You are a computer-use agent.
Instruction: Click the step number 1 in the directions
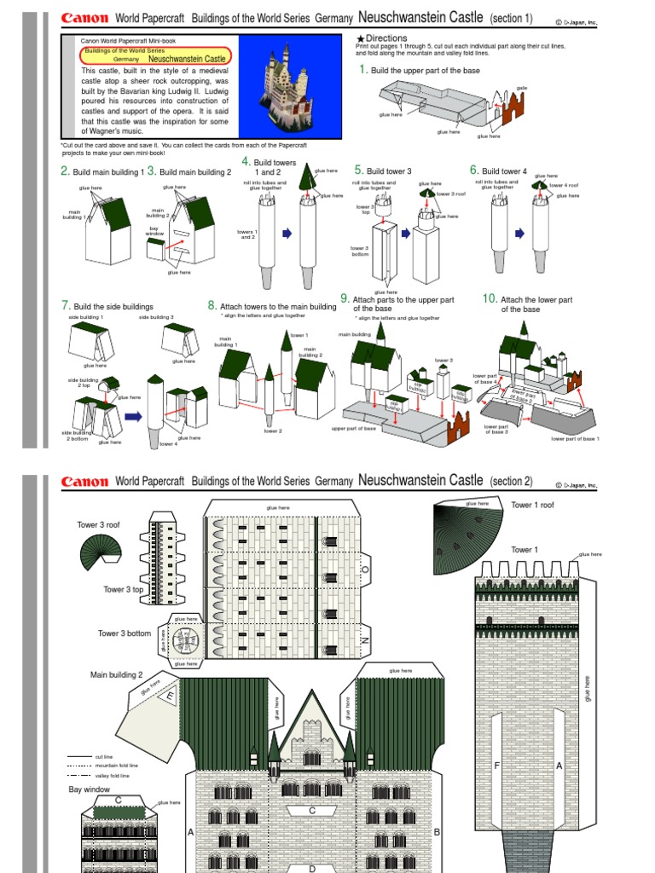pos(362,69)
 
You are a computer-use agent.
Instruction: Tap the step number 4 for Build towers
pos(246,161)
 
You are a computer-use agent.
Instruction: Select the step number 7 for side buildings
pos(65,305)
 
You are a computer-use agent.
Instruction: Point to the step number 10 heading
pos(490,298)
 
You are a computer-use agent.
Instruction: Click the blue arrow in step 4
pos(287,232)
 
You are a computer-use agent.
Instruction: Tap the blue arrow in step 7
pos(132,417)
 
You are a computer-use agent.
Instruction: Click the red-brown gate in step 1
pos(515,107)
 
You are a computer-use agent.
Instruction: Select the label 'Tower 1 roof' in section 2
pos(532,506)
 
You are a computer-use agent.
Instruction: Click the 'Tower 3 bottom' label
pos(124,633)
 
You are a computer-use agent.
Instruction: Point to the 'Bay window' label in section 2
pos(90,790)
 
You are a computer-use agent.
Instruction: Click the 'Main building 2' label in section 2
pos(116,674)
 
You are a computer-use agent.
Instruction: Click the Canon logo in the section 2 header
pos(84,482)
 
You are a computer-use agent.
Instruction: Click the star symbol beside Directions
pos(361,39)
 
